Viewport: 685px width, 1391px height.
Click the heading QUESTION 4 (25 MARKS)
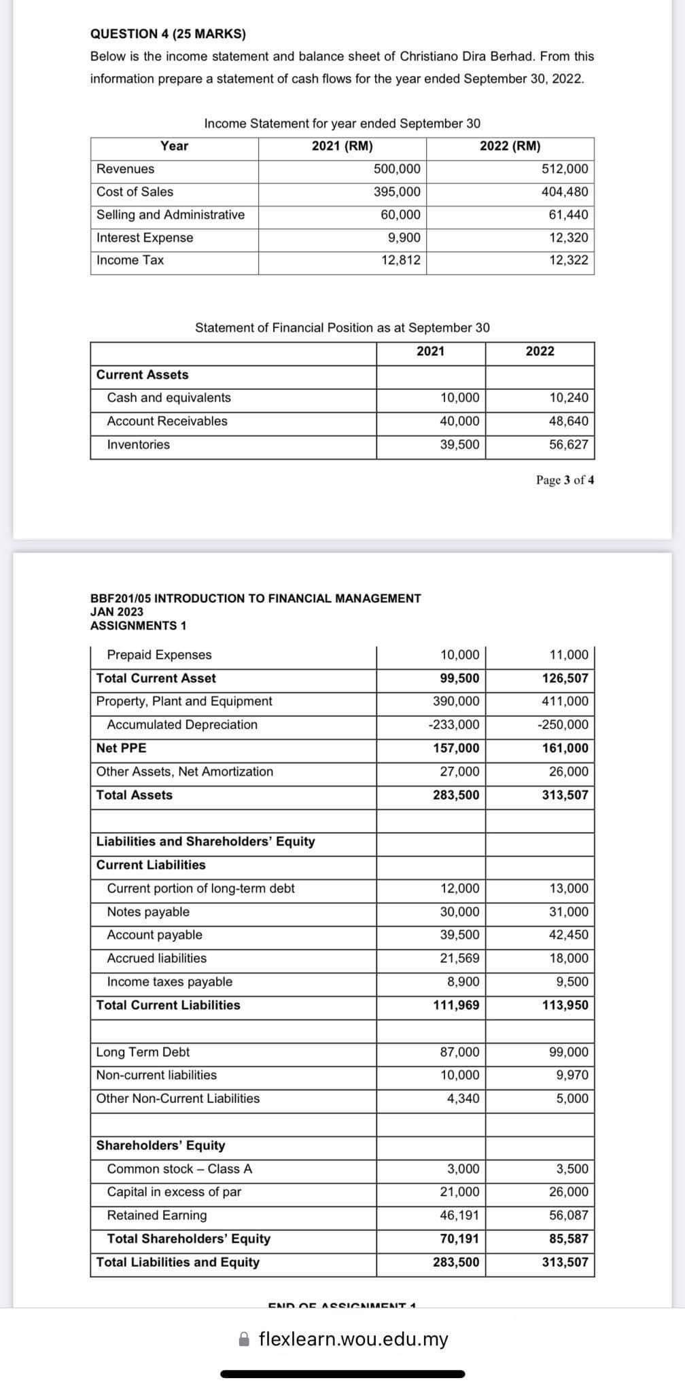168,33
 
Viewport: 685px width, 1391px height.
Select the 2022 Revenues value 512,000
565,169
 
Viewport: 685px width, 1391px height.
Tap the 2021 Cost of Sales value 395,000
397,192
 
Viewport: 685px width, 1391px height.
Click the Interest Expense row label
145,238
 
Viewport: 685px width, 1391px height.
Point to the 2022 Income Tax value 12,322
569,260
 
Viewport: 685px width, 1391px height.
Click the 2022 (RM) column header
510,146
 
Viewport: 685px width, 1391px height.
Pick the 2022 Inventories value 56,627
569,445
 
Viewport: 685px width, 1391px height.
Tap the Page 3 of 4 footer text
565,480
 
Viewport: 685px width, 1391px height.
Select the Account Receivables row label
167,421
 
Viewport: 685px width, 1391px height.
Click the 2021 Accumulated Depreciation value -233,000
453,725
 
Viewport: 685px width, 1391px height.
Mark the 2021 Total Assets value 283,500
456,795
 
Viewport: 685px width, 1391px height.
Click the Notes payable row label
148,912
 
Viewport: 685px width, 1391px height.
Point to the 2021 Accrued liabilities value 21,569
459,958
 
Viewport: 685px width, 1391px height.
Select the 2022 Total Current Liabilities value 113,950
565,1005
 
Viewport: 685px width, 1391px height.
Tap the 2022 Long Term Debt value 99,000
569,1052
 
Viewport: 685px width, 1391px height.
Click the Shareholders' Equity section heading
160,1146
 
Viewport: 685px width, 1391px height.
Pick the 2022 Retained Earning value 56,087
569,1216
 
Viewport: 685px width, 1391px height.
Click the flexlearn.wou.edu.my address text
353,1339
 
